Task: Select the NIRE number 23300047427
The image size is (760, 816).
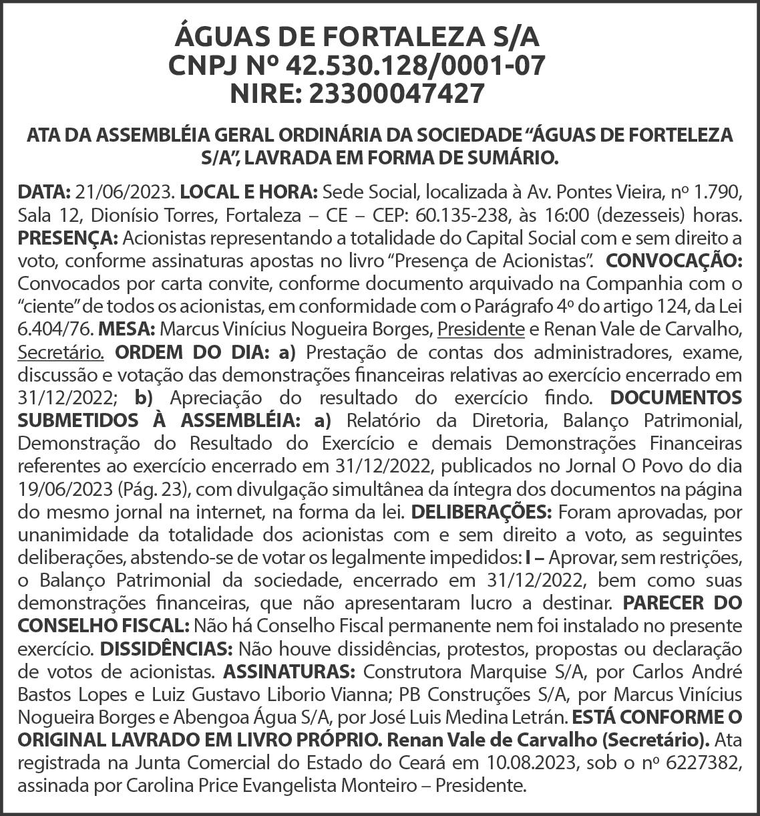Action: (395, 94)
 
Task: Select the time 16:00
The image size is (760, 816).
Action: (566, 217)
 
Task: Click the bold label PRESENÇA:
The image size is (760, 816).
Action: (67, 237)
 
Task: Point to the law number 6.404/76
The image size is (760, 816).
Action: (56, 327)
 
